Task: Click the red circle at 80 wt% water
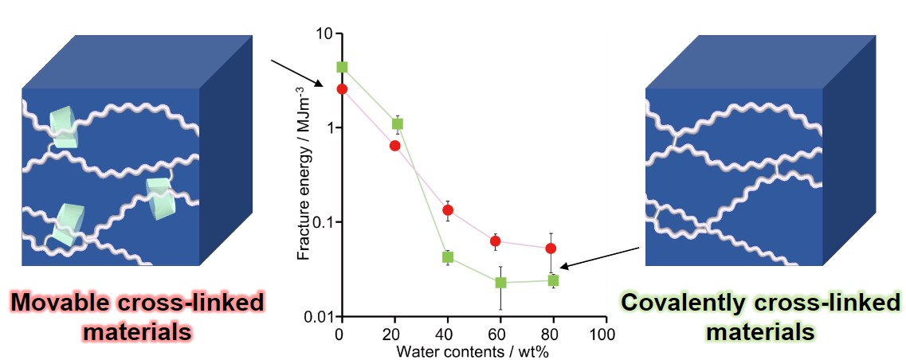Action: click(551, 248)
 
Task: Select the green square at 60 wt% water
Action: click(500, 283)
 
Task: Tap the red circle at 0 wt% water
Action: click(342, 89)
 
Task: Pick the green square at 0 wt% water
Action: click(342, 67)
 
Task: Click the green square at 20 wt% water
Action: click(398, 124)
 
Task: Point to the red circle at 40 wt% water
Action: click(448, 210)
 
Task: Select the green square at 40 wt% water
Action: click(448, 257)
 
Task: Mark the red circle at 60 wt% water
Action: click(495, 241)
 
